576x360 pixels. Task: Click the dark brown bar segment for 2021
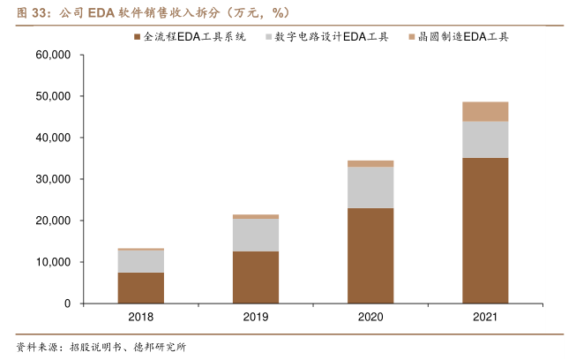tap(485, 230)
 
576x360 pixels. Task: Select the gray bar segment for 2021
tap(485, 139)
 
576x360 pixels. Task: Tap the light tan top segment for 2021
tap(485, 111)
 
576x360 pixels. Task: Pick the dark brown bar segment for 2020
tap(370, 256)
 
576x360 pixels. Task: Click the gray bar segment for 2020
tap(370, 187)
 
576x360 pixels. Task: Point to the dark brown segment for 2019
tap(256, 277)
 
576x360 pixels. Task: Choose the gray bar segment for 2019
tap(256, 235)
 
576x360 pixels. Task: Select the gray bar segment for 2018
tap(141, 261)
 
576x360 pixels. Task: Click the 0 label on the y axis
tap(67, 304)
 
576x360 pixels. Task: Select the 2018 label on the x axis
tap(141, 318)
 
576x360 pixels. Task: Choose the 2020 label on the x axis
tap(370, 318)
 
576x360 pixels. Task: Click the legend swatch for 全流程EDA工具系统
tap(138, 37)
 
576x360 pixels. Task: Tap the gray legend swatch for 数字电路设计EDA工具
tap(268, 37)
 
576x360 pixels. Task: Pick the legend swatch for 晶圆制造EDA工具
tap(412, 37)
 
